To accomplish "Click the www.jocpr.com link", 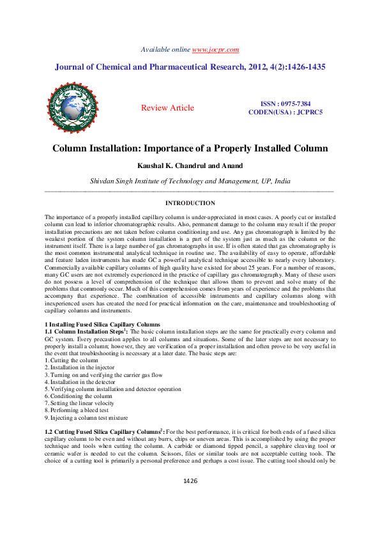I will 215,49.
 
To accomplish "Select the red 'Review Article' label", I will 167,108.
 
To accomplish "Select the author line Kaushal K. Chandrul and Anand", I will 190,166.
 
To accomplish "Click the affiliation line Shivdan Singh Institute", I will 190,181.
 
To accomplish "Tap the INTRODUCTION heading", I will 190,203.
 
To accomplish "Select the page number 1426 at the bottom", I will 190,516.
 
